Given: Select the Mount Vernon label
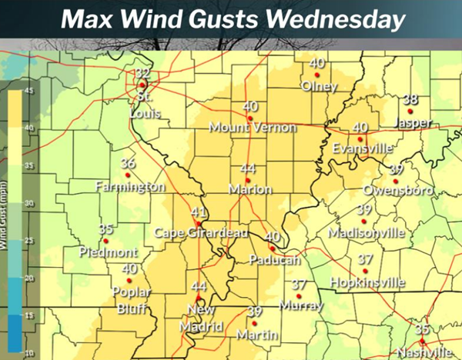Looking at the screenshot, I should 252,128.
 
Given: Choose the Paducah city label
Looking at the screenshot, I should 274,261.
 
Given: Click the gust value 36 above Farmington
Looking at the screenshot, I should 129,163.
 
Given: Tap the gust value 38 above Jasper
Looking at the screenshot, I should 411,99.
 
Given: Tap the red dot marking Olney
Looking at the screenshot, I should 318,75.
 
